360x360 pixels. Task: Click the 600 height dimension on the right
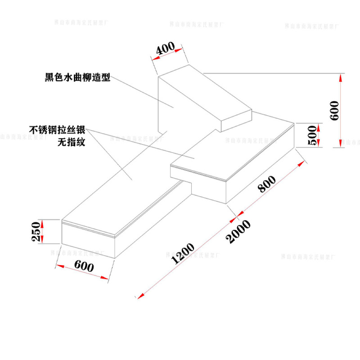coord(334,110)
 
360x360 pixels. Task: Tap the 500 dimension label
coord(313,135)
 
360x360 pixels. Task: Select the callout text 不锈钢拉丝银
coord(60,130)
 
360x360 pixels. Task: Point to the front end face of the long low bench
coord(88,241)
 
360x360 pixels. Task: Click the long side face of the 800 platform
coord(261,166)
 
